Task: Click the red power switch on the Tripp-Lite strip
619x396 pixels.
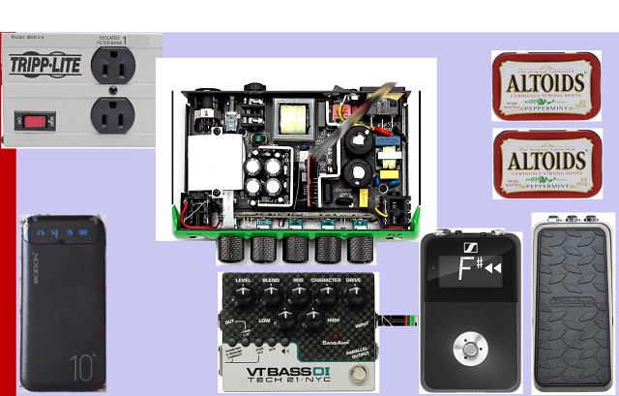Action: click(x=36, y=122)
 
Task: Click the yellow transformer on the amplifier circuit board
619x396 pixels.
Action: click(x=291, y=121)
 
